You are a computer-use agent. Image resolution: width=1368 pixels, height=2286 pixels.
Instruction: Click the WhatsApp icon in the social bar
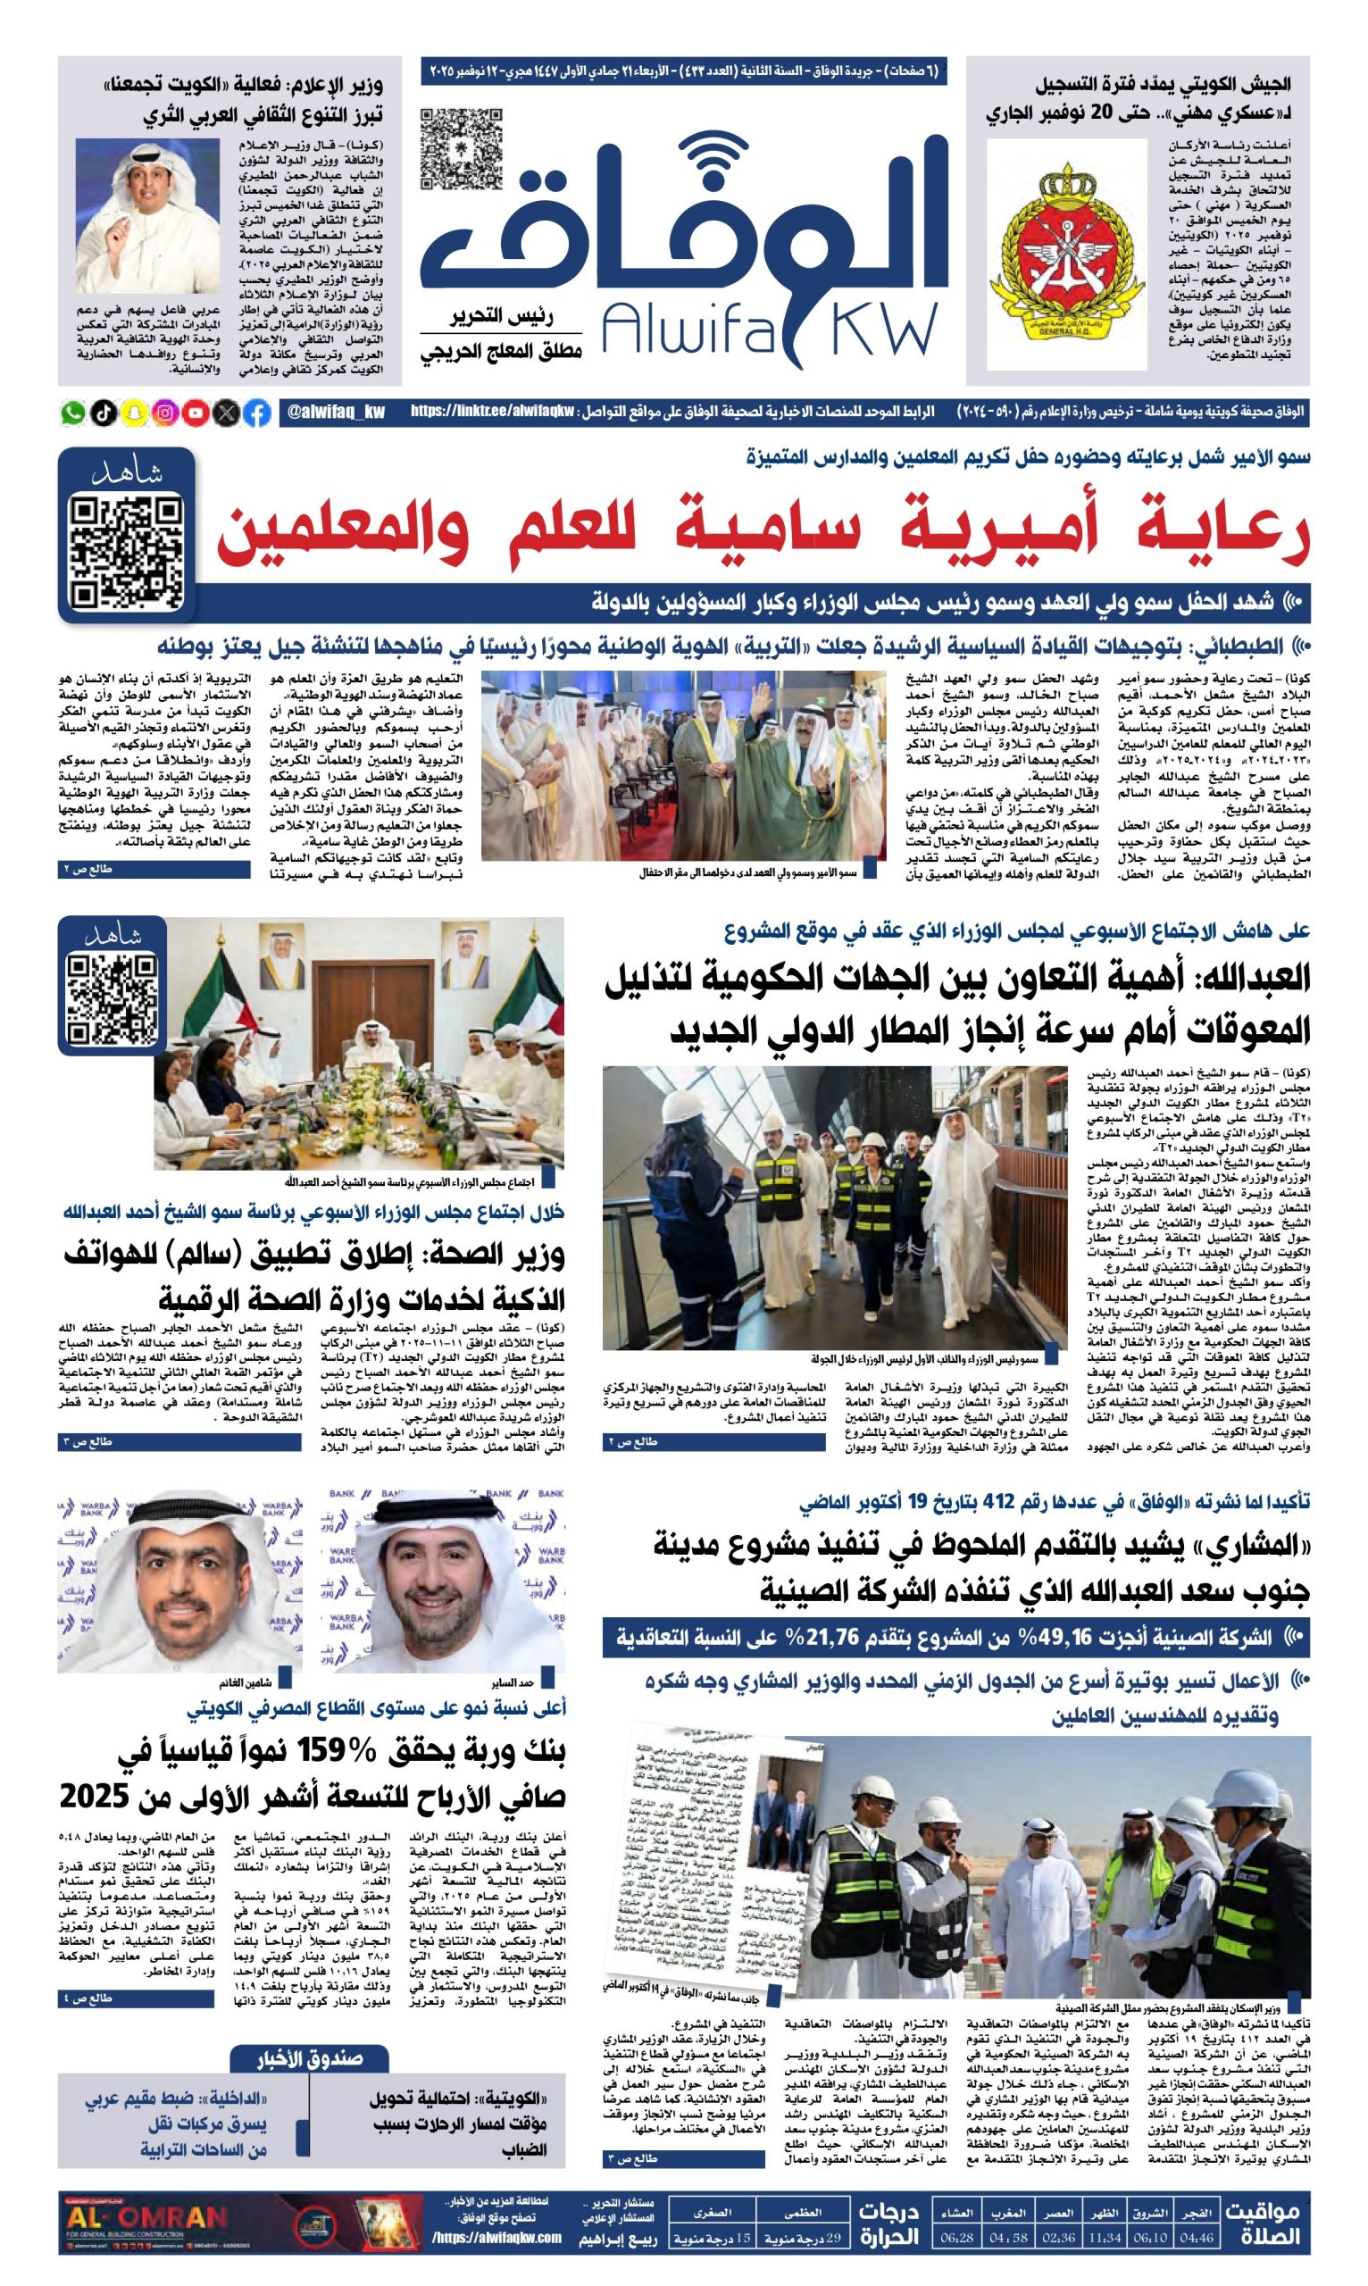(73, 413)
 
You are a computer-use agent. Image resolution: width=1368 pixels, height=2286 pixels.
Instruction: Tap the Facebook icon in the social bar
(257, 413)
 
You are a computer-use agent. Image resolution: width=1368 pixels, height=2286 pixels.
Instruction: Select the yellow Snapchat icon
(135, 413)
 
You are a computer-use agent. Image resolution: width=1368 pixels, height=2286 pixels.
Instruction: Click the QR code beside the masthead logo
(461, 148)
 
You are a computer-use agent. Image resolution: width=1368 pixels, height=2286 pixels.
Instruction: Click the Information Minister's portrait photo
(147, 215)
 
